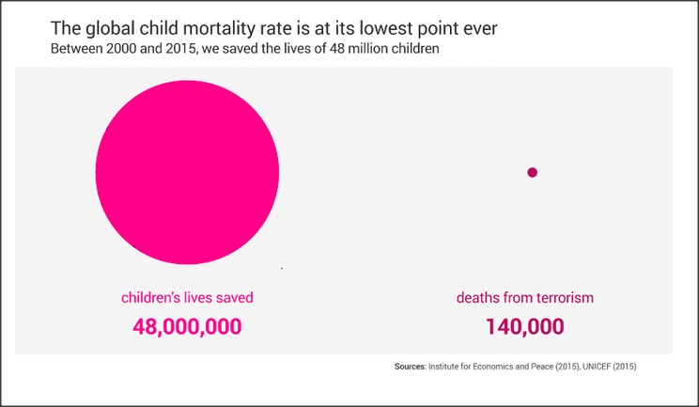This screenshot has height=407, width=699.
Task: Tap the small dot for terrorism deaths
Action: point(532,172)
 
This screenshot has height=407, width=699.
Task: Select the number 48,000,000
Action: point(187,327)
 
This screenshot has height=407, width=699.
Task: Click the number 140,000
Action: point(525,327)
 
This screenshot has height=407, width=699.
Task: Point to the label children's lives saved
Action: point(187,298)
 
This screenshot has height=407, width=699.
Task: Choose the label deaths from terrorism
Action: point(525,298)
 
